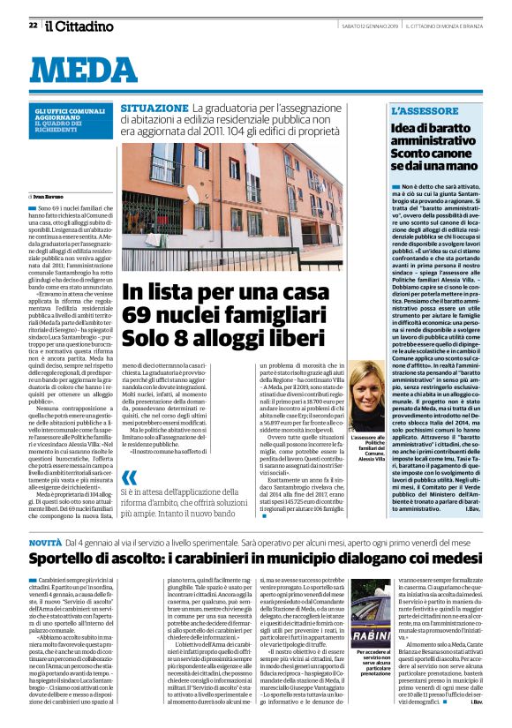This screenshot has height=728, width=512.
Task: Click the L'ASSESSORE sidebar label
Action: pyautogui.click(x=425, y=110)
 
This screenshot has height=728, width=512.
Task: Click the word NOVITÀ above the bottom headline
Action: pyautogui.click(x=45, y=540)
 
